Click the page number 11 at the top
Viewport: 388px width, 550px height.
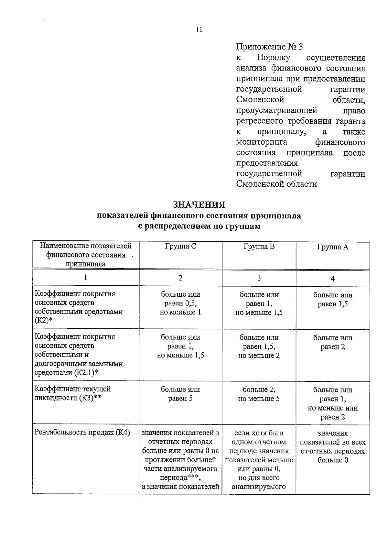[199, 30]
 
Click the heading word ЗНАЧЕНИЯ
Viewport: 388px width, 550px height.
[199, 205]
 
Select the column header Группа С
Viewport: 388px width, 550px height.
[180, 247]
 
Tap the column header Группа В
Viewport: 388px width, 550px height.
[259, 247]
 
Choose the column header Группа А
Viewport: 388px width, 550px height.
[333, 247]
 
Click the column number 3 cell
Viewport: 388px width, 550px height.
[259, 278]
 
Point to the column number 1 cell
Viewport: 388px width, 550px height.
[85, 278]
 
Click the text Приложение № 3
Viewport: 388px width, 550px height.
[269, 47]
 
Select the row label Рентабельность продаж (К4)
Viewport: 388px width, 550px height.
[82, 433]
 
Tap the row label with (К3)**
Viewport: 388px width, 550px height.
[72, 393]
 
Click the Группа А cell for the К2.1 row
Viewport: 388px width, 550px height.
[333, 342]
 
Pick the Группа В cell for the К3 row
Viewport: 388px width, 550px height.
[259, 394]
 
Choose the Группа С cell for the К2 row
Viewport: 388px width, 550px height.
[180, 303]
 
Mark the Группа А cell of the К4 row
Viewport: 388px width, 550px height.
[333, 446]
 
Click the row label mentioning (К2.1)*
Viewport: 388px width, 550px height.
[79, 355]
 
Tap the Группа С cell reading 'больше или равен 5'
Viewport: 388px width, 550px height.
[180, 394]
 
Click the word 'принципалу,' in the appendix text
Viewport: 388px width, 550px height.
[280, 132]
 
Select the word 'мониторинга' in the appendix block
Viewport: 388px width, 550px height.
[262, 142]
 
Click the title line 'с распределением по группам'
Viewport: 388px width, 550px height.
[199, 226]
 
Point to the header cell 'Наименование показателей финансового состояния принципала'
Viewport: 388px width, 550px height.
[86, 255]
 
